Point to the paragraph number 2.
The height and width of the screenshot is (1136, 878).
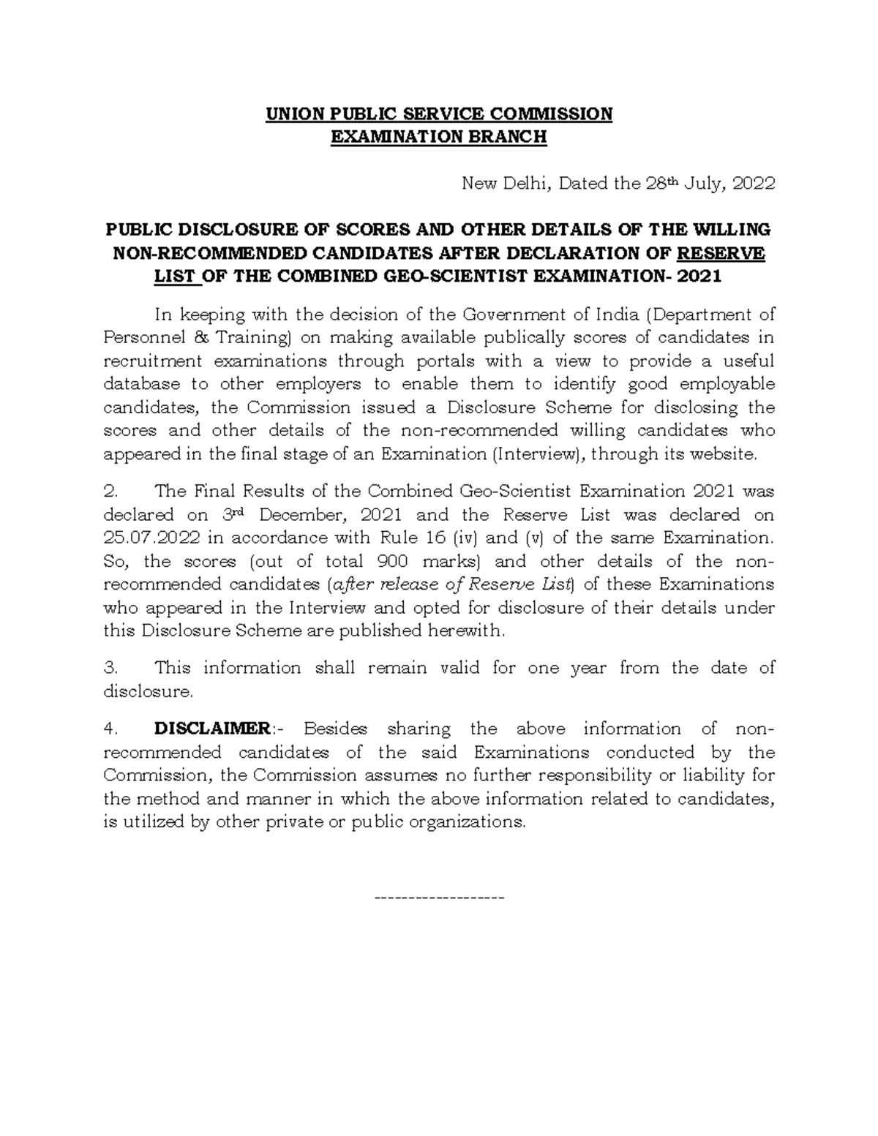[110, 492]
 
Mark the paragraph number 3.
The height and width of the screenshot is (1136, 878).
[110, 668]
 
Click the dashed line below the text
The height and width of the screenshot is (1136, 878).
[439, 897]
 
